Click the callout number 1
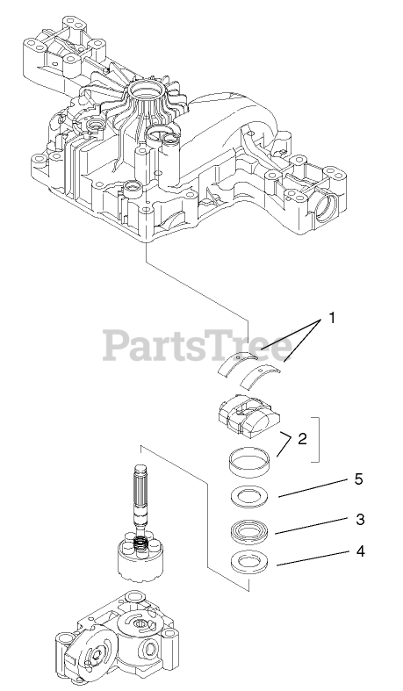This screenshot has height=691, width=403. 332,318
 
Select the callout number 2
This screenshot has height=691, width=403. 302,439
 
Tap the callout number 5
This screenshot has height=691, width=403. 359,479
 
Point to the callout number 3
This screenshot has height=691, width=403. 360,519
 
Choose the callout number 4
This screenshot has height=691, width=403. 361,551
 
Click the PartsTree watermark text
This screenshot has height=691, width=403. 198,347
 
